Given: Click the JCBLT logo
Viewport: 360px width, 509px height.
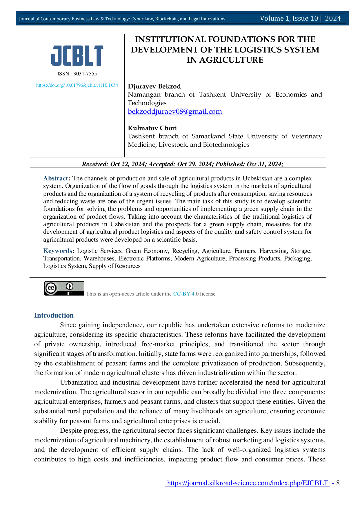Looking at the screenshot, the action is (x=77, y=55).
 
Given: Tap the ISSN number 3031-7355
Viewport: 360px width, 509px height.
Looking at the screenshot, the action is (x=85, y=74).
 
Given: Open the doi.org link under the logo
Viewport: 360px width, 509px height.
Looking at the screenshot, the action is (x=77, y=85).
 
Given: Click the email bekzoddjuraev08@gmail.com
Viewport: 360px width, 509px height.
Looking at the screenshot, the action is (x=175, y=111).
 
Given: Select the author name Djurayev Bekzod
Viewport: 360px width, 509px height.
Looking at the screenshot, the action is (x=154, y=86).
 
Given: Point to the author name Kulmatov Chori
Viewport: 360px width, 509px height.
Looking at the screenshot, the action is (x=152, y=128).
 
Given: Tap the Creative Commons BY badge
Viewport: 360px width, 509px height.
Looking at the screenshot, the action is (x=64, y=288).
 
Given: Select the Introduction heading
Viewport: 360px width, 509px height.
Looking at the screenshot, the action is (x=54, y=315).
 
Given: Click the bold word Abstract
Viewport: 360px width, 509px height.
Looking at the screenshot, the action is (x=56, y=178).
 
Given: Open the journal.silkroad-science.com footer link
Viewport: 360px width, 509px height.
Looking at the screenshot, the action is (x=248, y=483).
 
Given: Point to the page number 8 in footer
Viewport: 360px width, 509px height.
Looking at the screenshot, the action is (x=338, y=483).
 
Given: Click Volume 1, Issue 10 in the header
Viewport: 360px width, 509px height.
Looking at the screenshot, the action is (x=289, y=18).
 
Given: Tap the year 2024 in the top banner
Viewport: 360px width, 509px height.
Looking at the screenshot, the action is (x=333, y=18).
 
